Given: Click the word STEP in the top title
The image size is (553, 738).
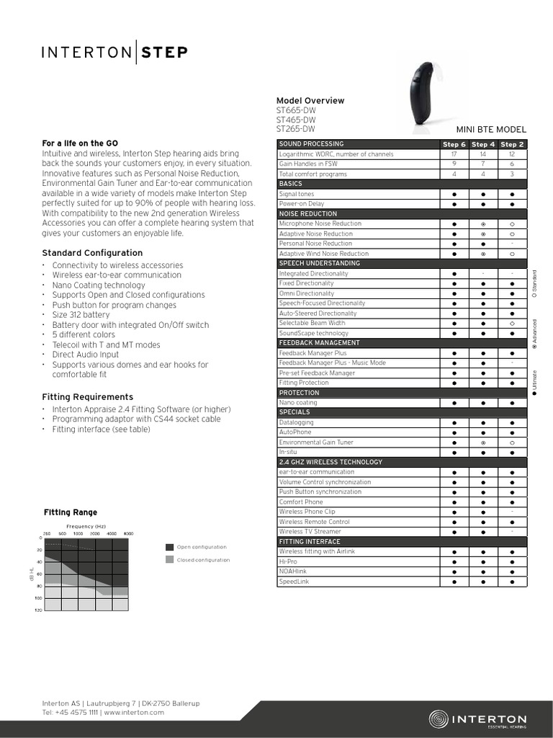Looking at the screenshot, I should pos(164,52).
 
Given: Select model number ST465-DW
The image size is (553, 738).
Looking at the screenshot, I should pos(296,120).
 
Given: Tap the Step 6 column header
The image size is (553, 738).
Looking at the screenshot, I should pos(454,144).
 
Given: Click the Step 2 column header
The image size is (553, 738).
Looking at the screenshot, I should pos(512,144).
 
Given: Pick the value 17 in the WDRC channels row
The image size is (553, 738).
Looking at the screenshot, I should pos(454,154).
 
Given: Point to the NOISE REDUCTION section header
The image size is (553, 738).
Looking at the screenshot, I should pos(308,214).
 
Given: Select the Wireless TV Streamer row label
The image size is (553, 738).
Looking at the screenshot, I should pos(310,531).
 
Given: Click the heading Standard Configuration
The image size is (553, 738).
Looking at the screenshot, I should pos(92,253).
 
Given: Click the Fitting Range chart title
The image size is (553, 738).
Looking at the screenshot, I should pos(71,512).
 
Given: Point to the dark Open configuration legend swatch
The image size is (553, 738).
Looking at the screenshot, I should pos(169,547).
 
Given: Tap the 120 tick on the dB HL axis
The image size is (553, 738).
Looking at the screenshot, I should pos(38,610).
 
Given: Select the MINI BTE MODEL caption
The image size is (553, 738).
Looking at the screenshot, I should pos(492,130).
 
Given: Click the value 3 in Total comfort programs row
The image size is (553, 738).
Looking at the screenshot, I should pos(512,174).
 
